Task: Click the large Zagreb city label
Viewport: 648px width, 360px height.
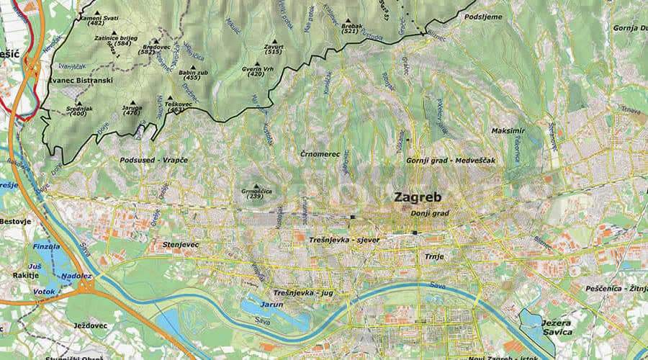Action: coord(417,197)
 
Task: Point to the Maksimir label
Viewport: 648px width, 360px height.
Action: coord(508,131)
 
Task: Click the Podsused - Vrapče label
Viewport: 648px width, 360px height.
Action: coord(154,159)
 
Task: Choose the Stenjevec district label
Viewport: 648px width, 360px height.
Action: coord(181,246)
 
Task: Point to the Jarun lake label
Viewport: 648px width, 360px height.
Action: coord(272,305)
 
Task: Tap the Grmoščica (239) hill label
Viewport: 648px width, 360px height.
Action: coord(255,193)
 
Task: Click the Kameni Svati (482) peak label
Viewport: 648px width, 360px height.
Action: coord(96,19)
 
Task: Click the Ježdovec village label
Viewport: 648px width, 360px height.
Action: coord(90,325)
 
